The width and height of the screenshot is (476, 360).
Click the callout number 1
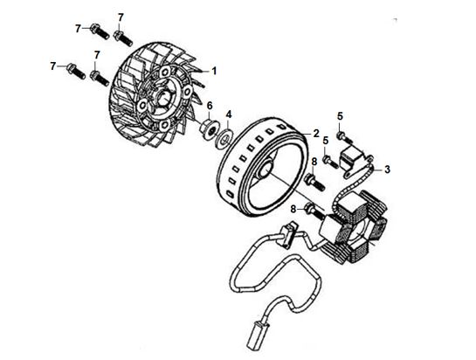tap(214, 71)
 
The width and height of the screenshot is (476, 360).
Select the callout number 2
tap(316, 133)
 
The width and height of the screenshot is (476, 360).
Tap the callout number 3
tap(387, 170)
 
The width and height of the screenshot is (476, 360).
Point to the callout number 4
tap(229, 114)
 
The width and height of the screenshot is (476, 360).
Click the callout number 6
tap(210, 106)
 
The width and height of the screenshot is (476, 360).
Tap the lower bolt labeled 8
tap(314, 211)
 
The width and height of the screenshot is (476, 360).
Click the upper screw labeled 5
tap(344, 137)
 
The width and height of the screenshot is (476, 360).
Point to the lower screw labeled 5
tap(330, 162)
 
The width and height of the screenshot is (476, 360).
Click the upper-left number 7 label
tap(78, 29)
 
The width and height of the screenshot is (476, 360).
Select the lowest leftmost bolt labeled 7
tap(76, 71)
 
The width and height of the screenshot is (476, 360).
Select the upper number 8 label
tap(314, 162)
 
